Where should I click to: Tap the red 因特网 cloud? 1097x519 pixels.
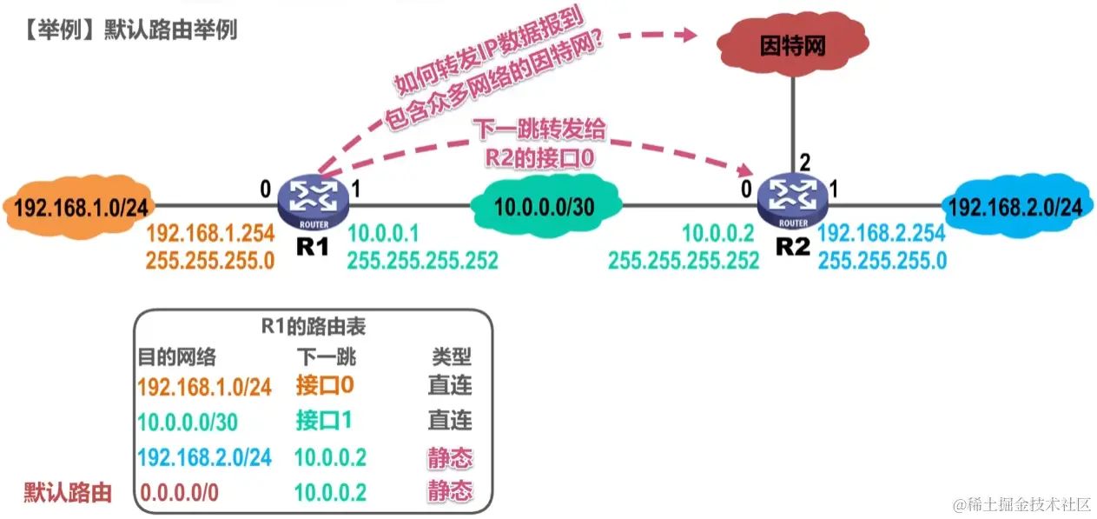pos(792,46)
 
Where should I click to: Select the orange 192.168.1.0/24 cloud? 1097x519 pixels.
pos(79,208)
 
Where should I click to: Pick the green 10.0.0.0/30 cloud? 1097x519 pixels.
pos(546,207)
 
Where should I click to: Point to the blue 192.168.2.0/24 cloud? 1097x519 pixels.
pos(1015,207)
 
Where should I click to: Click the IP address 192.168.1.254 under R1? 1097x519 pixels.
pos(210,233)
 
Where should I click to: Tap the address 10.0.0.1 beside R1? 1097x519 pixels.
pos(383,233)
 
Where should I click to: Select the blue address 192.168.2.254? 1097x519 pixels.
pos(882,233)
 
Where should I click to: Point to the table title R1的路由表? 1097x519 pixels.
pos(314,328)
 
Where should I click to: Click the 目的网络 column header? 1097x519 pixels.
pos(177,356)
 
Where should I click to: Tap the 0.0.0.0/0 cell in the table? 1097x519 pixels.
pos(180,492)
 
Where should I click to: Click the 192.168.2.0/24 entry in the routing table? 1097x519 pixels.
pos(205,457)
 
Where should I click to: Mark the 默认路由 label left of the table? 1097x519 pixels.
pos(68,493)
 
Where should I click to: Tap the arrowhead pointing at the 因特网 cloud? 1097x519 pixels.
pos(690,35)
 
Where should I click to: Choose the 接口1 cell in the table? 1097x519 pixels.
pos(323,421)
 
